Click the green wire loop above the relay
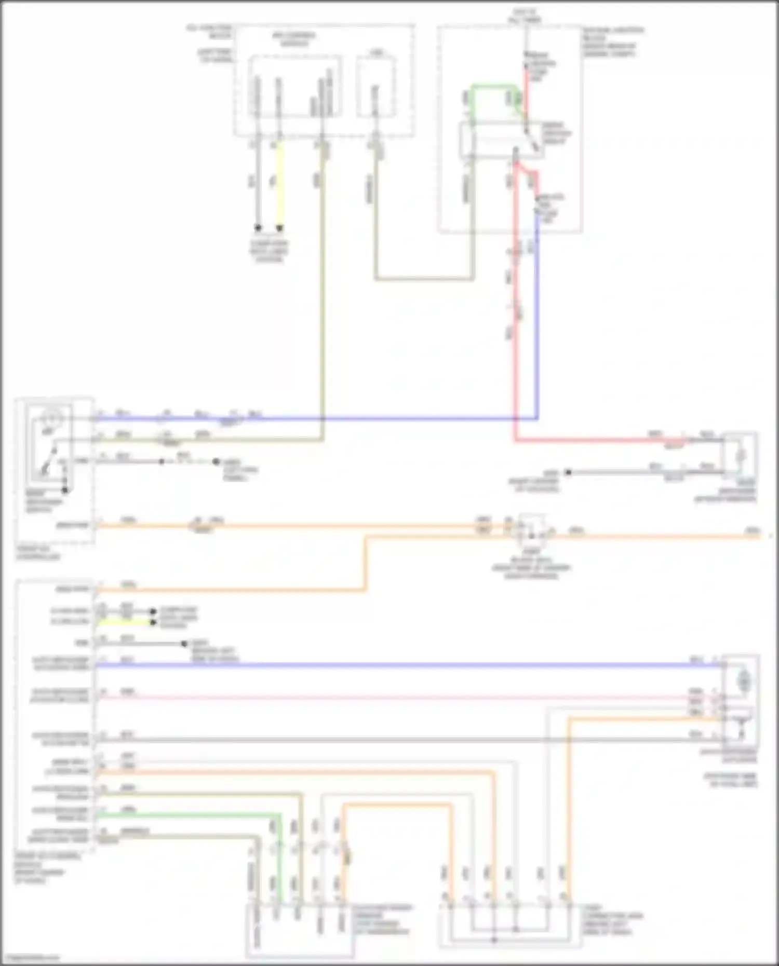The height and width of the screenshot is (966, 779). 493,86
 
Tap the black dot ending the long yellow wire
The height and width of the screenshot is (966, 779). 279,228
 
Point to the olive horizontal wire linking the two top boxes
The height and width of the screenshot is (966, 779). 423,279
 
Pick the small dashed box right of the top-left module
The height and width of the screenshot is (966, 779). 375,87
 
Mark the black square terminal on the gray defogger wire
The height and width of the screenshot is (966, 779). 568,472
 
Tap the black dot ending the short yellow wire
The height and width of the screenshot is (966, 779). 153,622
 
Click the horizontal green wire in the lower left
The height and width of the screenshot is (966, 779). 187,815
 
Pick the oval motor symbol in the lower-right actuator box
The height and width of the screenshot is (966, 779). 744,679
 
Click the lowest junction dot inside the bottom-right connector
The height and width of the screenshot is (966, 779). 494,940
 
